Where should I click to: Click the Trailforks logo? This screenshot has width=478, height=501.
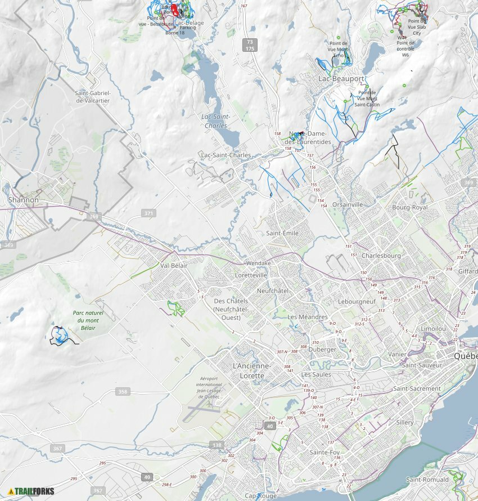click(x=31, y=491)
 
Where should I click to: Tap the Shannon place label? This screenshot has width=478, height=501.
click(x=24, y=200)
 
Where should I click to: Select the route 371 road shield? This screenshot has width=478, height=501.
click(x=148, y=213)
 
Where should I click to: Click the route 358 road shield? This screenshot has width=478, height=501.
click(x=123, y=391)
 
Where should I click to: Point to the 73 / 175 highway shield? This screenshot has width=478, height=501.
click(x=250, y=45)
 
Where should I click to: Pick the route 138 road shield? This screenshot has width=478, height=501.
click(x=217, y=445)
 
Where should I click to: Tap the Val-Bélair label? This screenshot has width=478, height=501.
click(x=174, y=265)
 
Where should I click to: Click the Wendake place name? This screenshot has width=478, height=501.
click(x=259, y=263)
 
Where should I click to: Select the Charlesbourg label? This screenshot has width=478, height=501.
click(x=381, y=256)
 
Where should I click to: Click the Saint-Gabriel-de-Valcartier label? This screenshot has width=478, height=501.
click(x=93, y=97)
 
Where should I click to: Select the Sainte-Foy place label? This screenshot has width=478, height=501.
click(x=325, y=452)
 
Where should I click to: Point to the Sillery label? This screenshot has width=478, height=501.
click(x=404, y=422)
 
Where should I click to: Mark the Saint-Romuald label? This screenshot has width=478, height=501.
click(x=427, y=480)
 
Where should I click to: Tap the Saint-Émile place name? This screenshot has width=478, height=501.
click(x=282, y=233)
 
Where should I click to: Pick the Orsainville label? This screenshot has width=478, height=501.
click(x=348, y=205)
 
